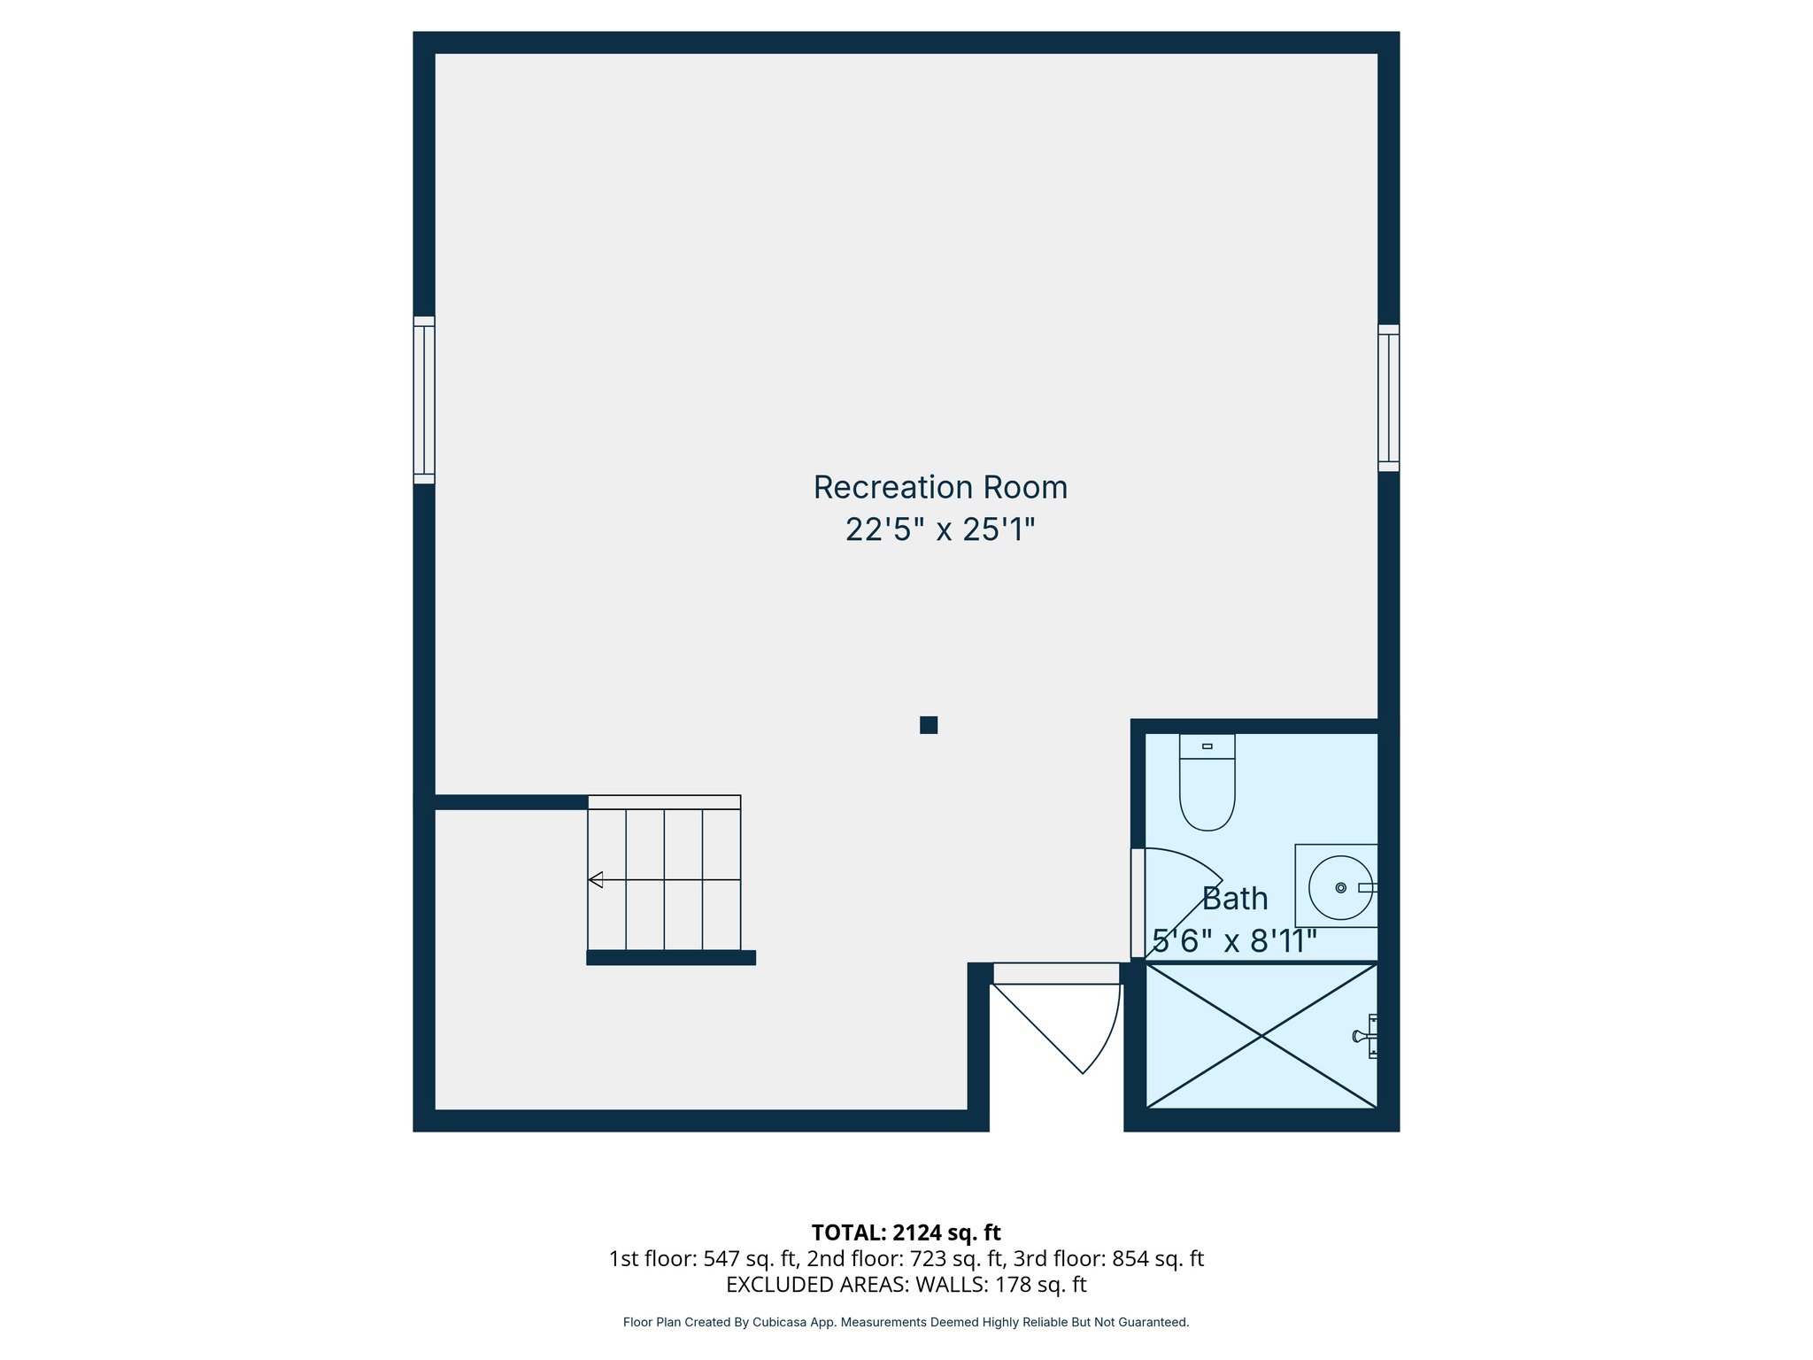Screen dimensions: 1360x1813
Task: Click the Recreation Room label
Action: (940, 488)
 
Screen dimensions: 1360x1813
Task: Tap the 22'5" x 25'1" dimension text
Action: (940, 530)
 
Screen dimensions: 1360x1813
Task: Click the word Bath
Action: (1235, 899)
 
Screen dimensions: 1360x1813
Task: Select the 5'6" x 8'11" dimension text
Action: (1235, 941)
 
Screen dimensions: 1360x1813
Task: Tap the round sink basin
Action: (1340, 887)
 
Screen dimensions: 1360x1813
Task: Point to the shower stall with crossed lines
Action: (1261, 1036)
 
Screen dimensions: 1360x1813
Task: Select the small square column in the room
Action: (929, 725)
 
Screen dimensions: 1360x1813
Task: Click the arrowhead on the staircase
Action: (596, 879)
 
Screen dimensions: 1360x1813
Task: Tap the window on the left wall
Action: (424, 400)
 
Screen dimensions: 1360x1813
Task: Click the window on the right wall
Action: (1388, 398)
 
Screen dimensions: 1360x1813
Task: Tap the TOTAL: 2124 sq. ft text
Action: (906, 1232)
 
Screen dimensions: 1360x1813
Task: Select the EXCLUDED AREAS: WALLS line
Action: (906, 1284)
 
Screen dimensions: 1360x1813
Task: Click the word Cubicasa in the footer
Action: (777, 1322)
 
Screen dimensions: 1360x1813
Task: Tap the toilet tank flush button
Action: (1207, 746)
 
